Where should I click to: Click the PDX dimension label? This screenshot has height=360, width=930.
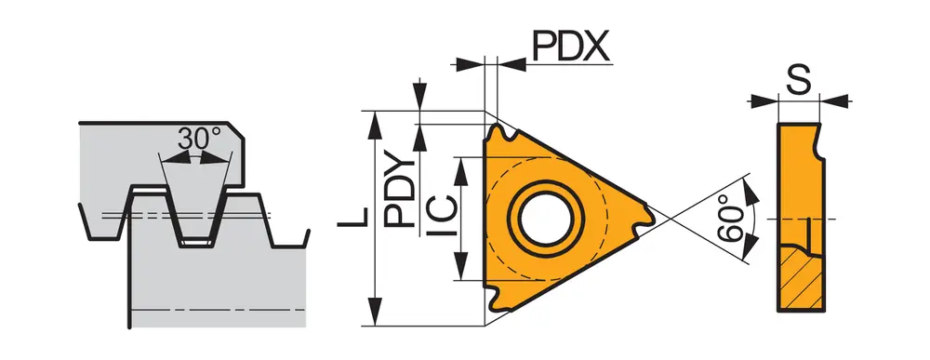(x=571, y=46)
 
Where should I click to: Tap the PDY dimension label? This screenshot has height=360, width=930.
(x=399, y=192)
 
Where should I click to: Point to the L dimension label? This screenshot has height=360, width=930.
(x=352, y=217)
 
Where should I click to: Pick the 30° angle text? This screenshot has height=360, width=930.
(x=199, y=139)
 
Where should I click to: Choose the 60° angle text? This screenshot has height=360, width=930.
(x=729, y=223)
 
